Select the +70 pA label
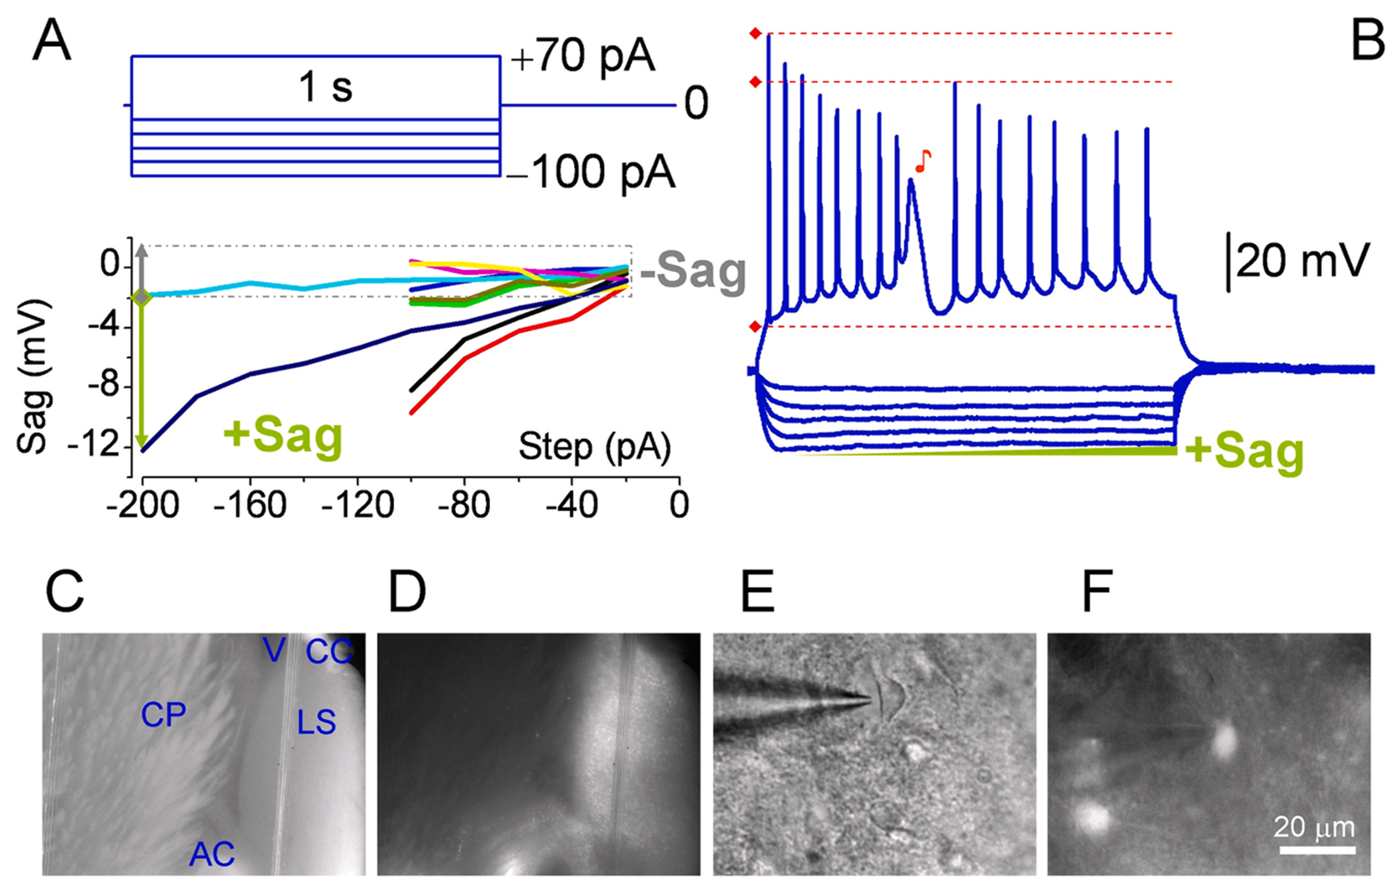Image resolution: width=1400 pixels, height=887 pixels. [582, 57]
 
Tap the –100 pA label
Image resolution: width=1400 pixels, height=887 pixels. [591, 172]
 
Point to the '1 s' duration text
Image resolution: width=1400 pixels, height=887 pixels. [325, 87]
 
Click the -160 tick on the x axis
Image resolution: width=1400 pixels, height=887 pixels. [251, 505]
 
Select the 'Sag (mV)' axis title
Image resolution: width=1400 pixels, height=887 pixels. [33, 377]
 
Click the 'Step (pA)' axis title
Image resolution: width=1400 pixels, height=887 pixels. [595, 446]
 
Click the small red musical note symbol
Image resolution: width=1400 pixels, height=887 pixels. [923, 161]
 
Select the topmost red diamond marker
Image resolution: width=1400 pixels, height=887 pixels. [755, 33]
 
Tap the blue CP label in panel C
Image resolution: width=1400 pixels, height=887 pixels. [163, 716]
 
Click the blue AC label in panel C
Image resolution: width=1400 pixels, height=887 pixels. [212, 854]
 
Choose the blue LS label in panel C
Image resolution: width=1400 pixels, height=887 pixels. [316, 722]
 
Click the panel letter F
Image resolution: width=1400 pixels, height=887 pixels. [1096, 592]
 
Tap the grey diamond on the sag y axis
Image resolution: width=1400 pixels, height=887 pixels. [141, 297]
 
